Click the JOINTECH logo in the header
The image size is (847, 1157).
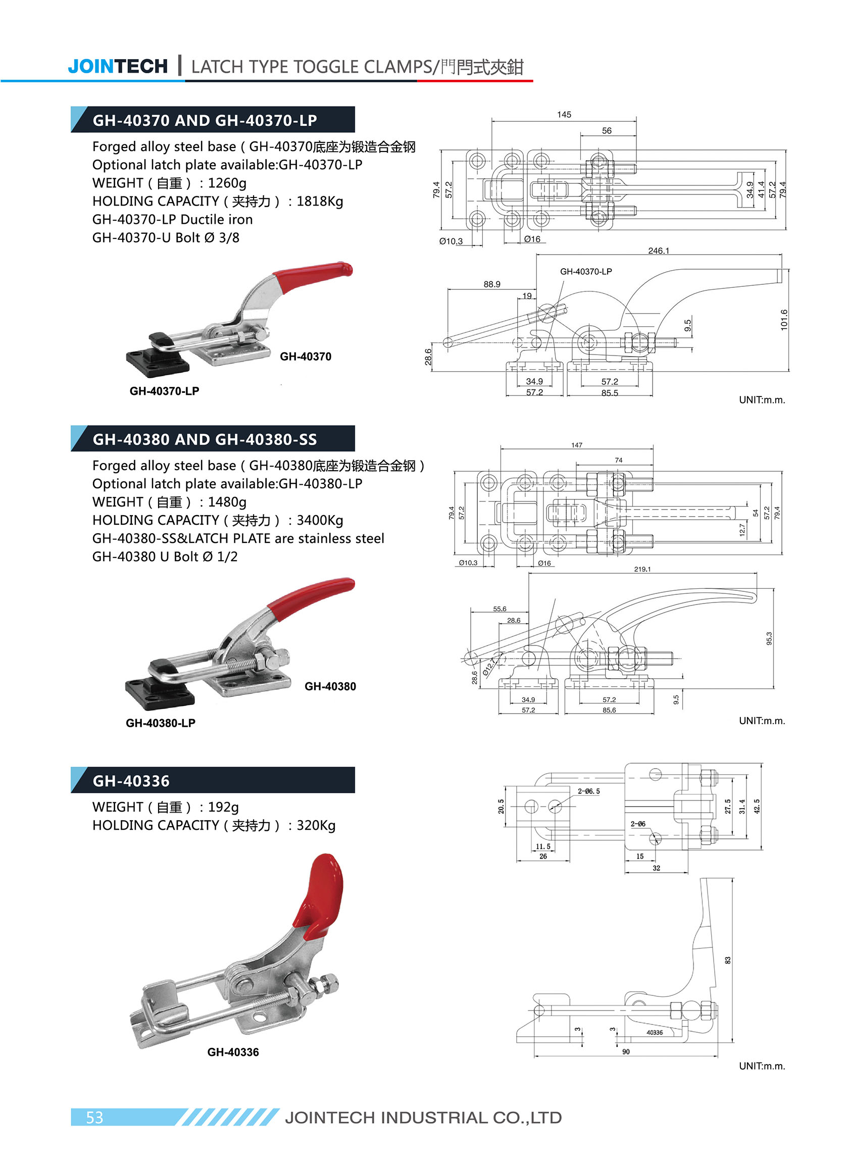pos(117,67)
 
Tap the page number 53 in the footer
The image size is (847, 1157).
pos(94,1117)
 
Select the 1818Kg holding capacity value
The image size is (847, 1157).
pos(319,201)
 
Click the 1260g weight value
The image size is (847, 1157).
pos(227,183)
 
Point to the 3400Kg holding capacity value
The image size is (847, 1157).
pos(319,520)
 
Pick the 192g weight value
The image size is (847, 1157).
pos(223,807)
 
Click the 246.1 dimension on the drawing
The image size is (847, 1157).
pos(658,250)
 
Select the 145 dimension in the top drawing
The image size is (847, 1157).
pos(564,114)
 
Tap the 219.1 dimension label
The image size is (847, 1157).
pos(642,569)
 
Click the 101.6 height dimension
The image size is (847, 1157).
pos(783,319)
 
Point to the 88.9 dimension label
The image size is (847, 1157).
pos(492,284)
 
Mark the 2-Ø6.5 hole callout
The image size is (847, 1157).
pos(588,791)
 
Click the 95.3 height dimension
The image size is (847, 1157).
pos(769,638)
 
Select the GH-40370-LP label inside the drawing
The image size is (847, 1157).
pos(585,271)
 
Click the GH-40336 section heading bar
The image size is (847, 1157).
pos(213,780)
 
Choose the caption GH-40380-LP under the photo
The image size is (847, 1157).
pos(161,723)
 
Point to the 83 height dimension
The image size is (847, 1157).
pos(727,960)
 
